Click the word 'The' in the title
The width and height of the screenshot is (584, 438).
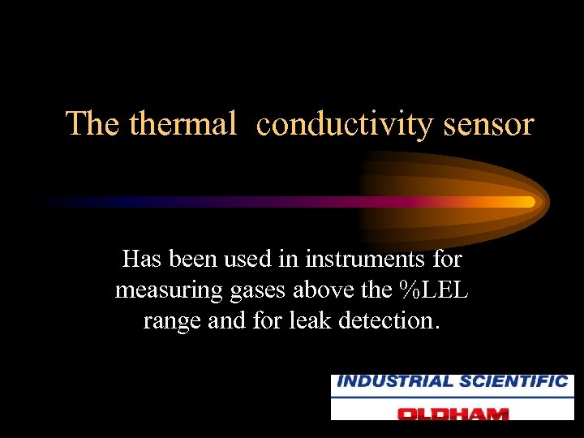click(93, 123)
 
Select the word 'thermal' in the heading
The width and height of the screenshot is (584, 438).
click(182, 123)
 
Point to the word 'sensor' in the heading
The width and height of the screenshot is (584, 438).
click(489, 123)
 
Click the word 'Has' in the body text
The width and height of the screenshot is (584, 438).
click(143, 260)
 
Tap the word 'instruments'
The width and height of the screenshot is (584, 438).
click(361, 260)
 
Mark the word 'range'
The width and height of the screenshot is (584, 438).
click(173, 320)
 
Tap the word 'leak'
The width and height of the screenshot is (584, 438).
click(309, 320)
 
